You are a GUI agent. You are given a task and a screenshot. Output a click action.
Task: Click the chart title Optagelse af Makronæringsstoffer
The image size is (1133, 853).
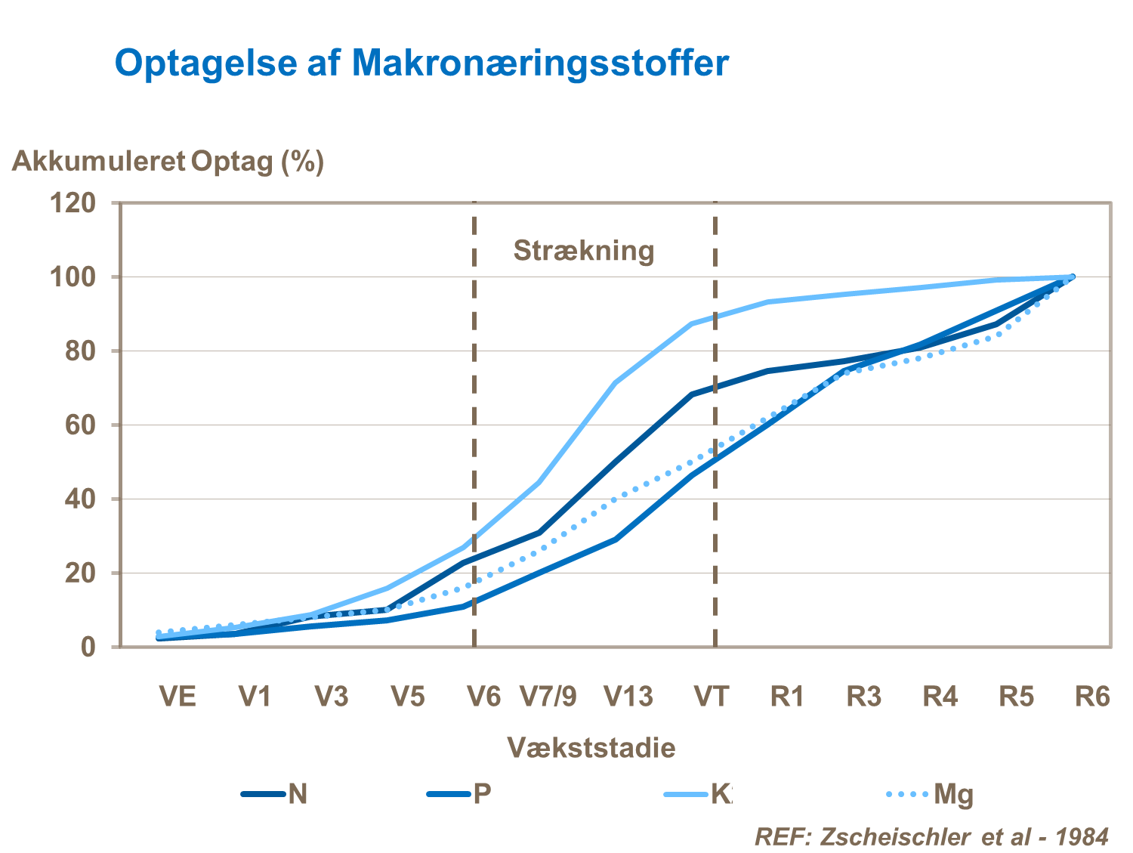point(421,62)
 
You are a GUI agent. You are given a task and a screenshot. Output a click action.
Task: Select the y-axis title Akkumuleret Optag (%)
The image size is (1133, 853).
point(168,161)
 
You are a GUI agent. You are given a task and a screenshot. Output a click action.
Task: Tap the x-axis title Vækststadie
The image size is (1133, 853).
point(591,747)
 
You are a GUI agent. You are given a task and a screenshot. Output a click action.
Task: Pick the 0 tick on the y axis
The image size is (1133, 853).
point(88,647)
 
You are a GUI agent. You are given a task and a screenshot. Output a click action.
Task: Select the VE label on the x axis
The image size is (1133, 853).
point(178,696)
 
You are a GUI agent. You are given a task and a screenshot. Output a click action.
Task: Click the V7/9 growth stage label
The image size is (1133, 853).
point(548,696)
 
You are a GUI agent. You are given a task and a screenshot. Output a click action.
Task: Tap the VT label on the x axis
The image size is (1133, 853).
point(712,696)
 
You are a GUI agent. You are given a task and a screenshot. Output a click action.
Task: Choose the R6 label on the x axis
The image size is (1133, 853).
point(1092,696)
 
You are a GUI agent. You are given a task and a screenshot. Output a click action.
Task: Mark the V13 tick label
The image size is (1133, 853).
point(628,696)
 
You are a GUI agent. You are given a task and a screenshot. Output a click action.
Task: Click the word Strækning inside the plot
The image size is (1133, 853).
point(584,250)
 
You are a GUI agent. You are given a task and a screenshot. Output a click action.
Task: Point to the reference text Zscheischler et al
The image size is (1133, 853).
point(931,836)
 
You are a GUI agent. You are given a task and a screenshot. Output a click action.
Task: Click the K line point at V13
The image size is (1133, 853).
point(616,382)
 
